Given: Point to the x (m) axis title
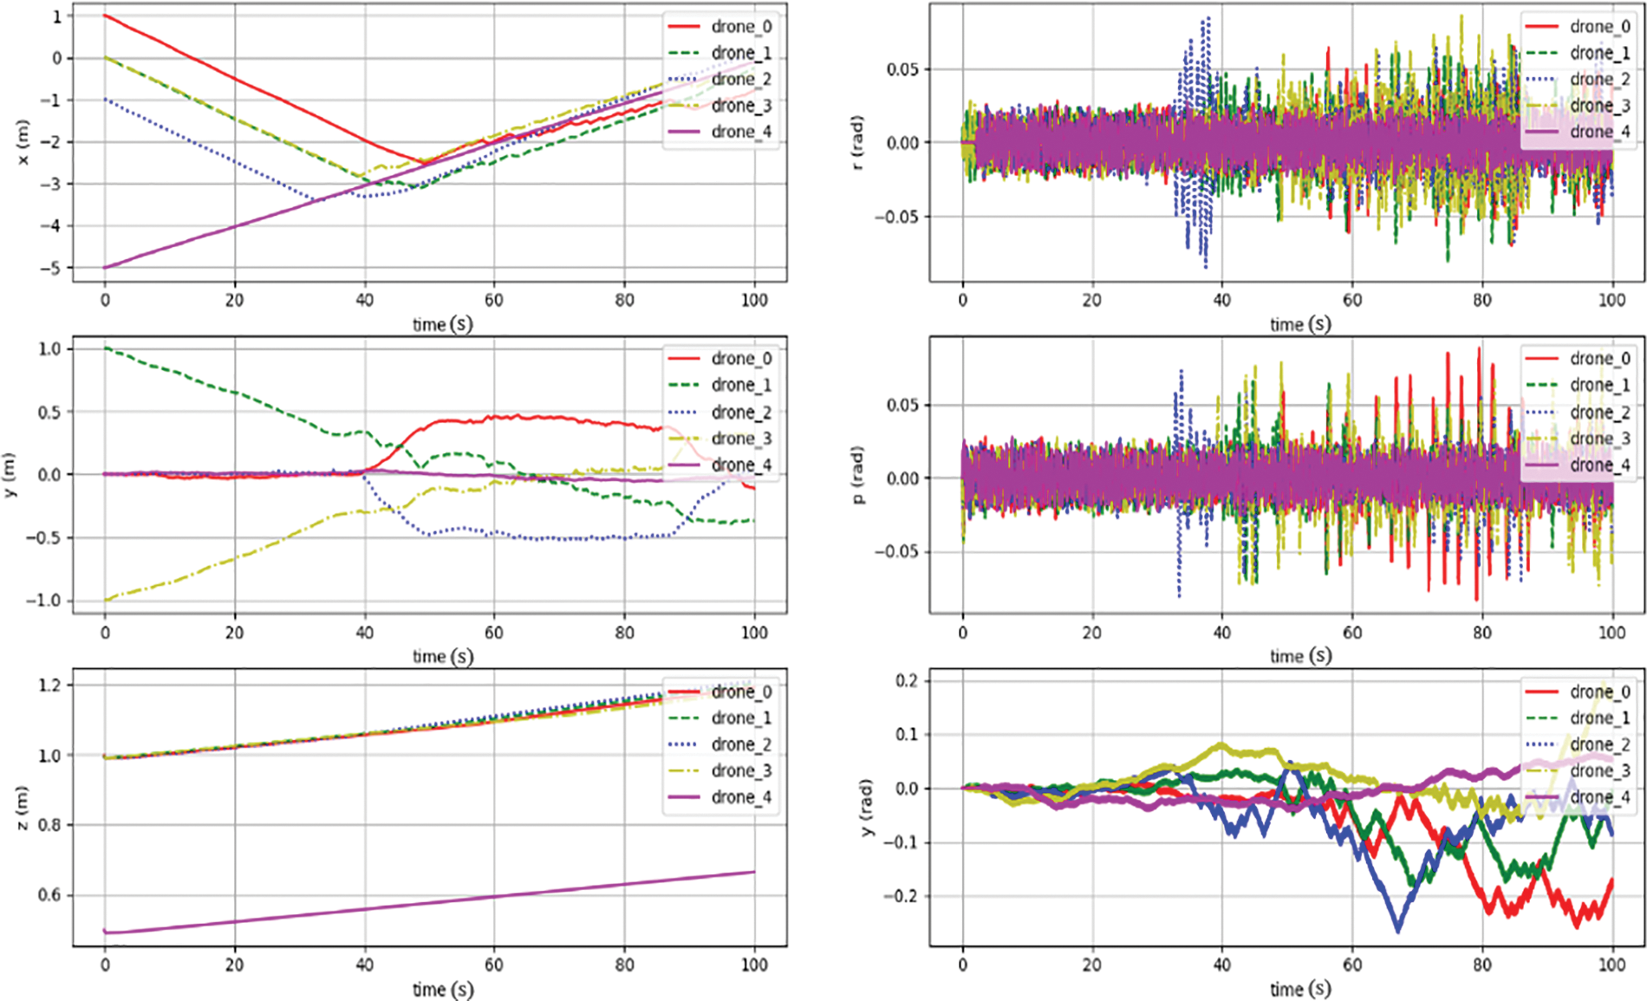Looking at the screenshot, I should coord(23,142).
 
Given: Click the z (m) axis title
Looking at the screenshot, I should coord(23,808).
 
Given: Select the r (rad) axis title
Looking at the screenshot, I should coord(858,142).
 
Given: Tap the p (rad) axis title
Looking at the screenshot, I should coord(858,475).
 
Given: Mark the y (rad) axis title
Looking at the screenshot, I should coord(867,808).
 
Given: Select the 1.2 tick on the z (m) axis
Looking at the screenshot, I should coord(50,686).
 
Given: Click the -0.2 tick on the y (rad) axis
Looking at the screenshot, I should coord(901,896).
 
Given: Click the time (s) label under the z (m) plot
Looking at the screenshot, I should coord(443,989).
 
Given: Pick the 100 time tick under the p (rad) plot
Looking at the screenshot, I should coord(1611,633).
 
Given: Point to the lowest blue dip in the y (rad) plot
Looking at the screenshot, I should coord(1397,930).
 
